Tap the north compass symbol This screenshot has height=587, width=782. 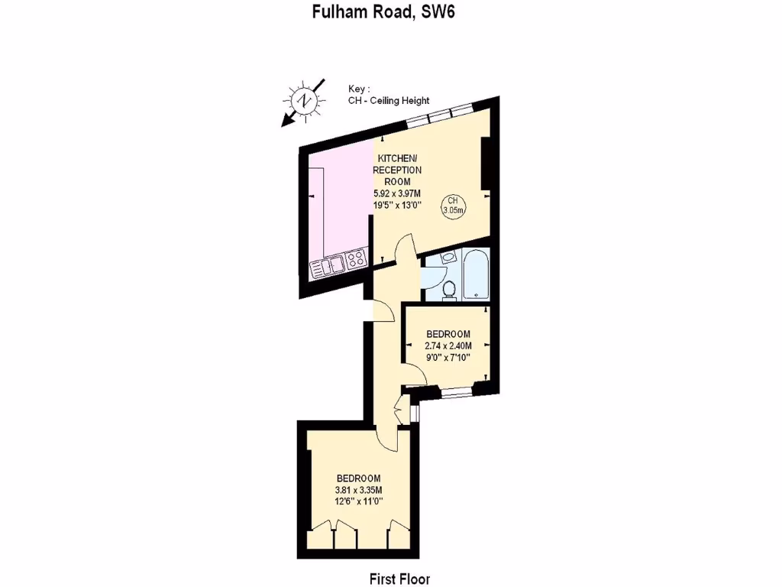tap(304, 101)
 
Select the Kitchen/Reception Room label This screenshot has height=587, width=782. tap(397, 169)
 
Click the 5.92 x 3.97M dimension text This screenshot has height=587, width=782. tap(397, 193)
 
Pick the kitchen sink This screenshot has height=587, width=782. tap(326, 266)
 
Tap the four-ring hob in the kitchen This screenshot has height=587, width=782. tap(356, 260)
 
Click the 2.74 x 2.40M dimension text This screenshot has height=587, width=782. tap(448, 345)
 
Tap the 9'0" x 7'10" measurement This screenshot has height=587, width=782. tap(448, 358)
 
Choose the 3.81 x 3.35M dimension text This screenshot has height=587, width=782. tap(358, 490)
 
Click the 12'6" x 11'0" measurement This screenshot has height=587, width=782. tap(358, 501)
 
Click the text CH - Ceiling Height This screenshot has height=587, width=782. tap(388, 101)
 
